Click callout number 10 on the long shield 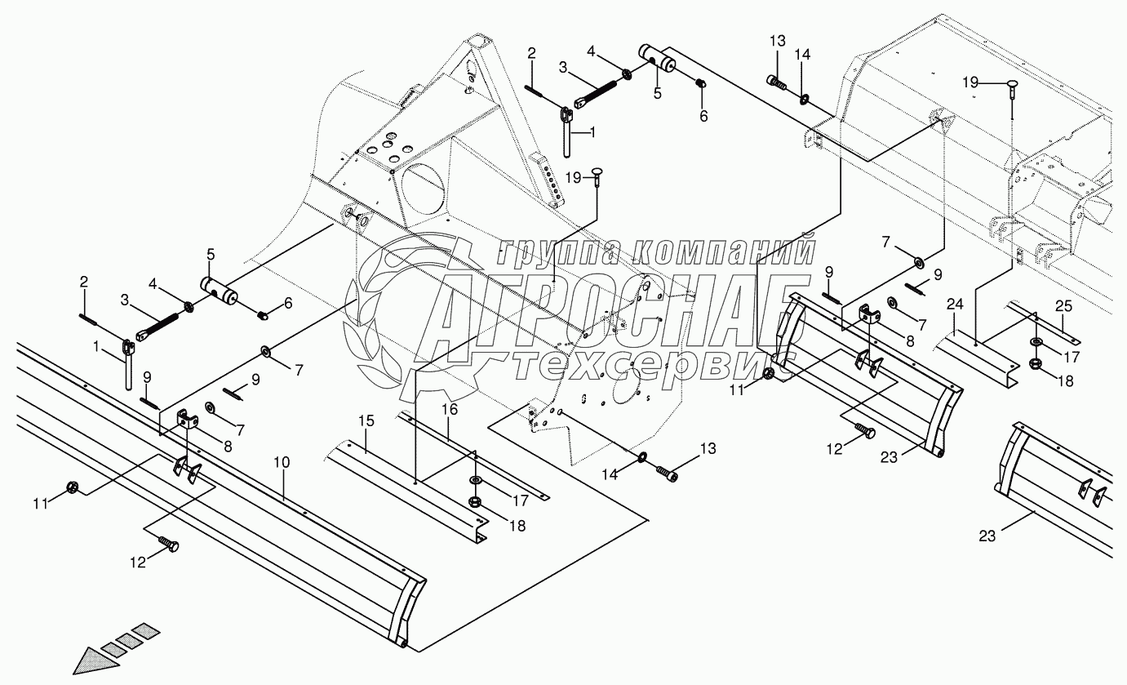coord(282,463)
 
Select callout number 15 coord(366,421)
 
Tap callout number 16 coord(450,409)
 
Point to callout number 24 coord(955,305)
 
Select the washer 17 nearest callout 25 coord(1036,341)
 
